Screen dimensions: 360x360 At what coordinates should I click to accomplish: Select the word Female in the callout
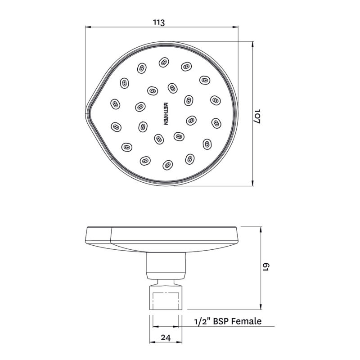point(247,321)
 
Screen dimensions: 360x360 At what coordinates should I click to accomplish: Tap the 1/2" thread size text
point(201,321)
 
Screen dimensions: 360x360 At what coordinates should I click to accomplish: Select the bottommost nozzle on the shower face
point(167,165)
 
